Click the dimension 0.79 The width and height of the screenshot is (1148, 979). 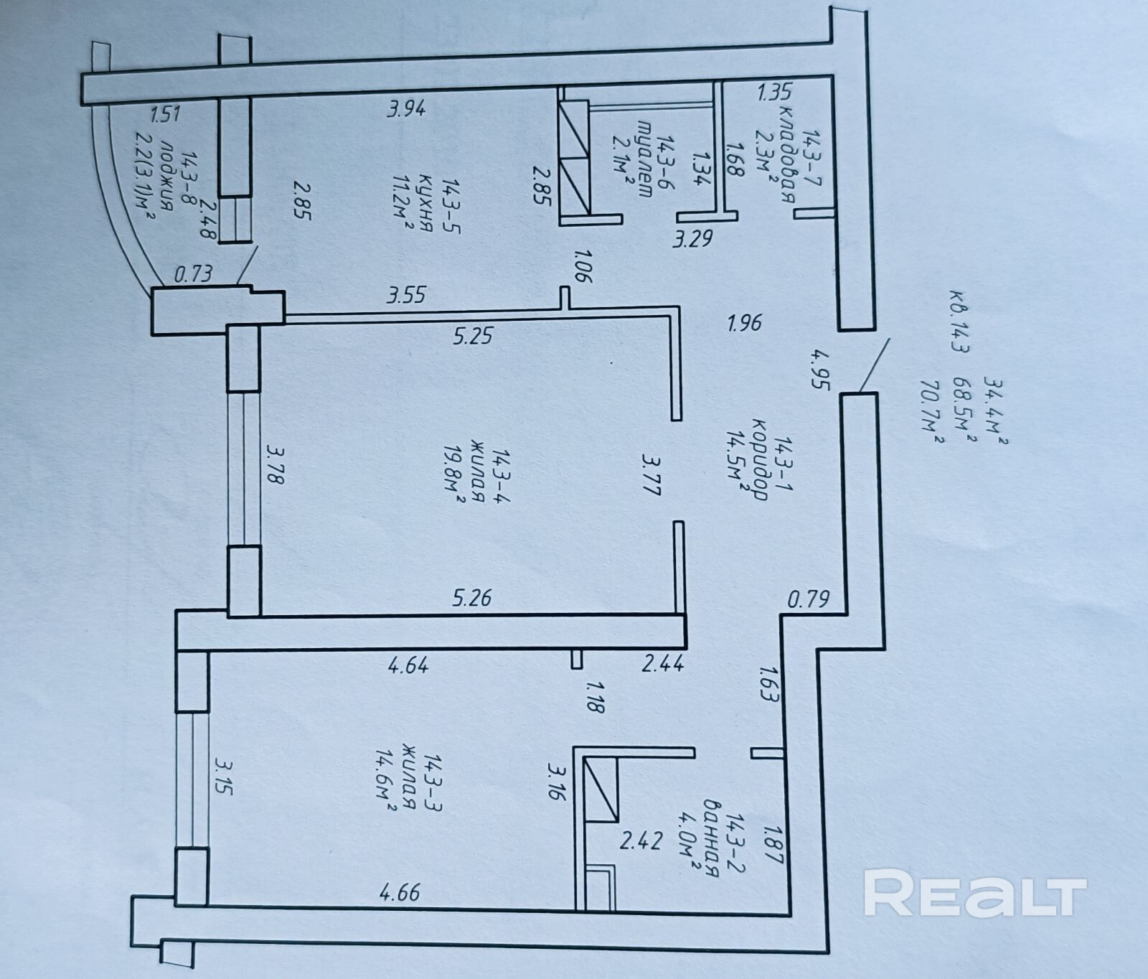809,598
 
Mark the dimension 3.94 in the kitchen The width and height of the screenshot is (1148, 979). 408,109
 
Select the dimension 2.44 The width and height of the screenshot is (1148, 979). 662,665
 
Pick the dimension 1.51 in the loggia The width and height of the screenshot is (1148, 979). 164,114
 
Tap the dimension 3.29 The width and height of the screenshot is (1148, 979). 692,238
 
